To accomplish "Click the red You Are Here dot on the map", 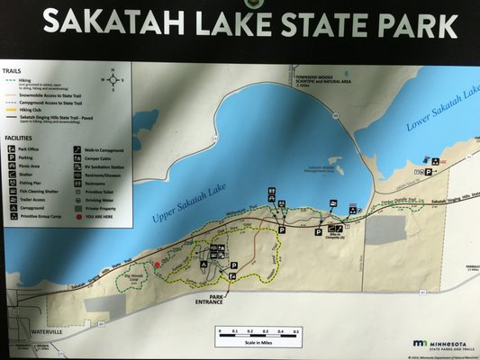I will click(x=157, y=265).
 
